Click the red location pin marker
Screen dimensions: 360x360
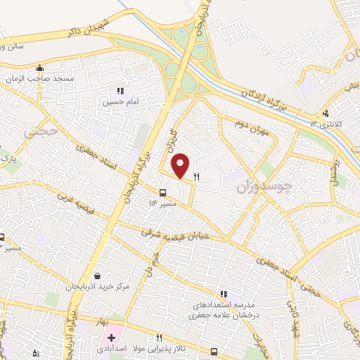point(181,166)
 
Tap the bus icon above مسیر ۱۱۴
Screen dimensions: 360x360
point(162,193)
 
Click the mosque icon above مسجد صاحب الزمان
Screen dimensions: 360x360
point(40,69)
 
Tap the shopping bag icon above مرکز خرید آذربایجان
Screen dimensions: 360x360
point(96,276)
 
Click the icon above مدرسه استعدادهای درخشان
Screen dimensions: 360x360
point(223,294)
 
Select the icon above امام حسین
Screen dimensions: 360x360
point(120,91)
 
